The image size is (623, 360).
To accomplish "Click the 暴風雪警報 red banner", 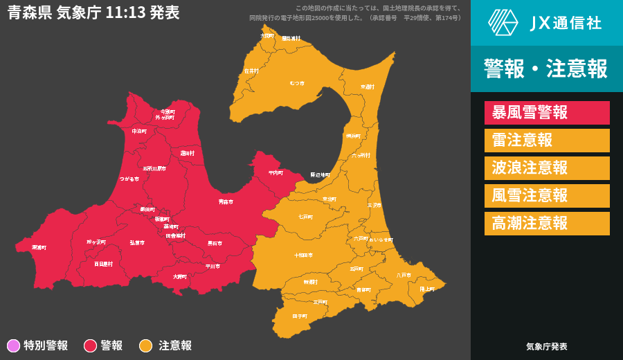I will [547, 113].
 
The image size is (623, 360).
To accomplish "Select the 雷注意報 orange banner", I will [547, 141].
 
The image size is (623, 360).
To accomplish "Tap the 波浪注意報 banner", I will [547, 168].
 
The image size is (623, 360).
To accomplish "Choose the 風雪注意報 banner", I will [547, 196].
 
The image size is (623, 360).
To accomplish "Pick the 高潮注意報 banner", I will [547, 224].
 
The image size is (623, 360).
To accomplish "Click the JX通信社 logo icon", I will [503, 22].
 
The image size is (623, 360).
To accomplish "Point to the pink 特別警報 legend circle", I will [13, 345].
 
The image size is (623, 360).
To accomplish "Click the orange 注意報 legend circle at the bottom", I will [146, 345].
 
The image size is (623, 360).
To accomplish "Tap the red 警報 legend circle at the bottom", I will [90, 345].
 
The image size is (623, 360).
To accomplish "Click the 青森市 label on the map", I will [226, 201].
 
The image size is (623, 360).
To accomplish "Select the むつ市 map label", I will [297, 83].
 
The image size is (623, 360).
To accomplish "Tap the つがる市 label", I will [129, 179].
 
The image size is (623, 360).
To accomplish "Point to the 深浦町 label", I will [39, 247].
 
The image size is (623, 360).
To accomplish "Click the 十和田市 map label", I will [303, 255].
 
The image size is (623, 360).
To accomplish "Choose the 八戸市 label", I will [404, 275].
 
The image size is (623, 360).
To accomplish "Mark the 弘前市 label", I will [137, 243].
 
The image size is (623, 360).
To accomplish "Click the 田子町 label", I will [300, 316].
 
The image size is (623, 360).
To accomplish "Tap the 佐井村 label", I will [251, 71].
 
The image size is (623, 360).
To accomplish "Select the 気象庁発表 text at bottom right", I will [547, 346].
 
